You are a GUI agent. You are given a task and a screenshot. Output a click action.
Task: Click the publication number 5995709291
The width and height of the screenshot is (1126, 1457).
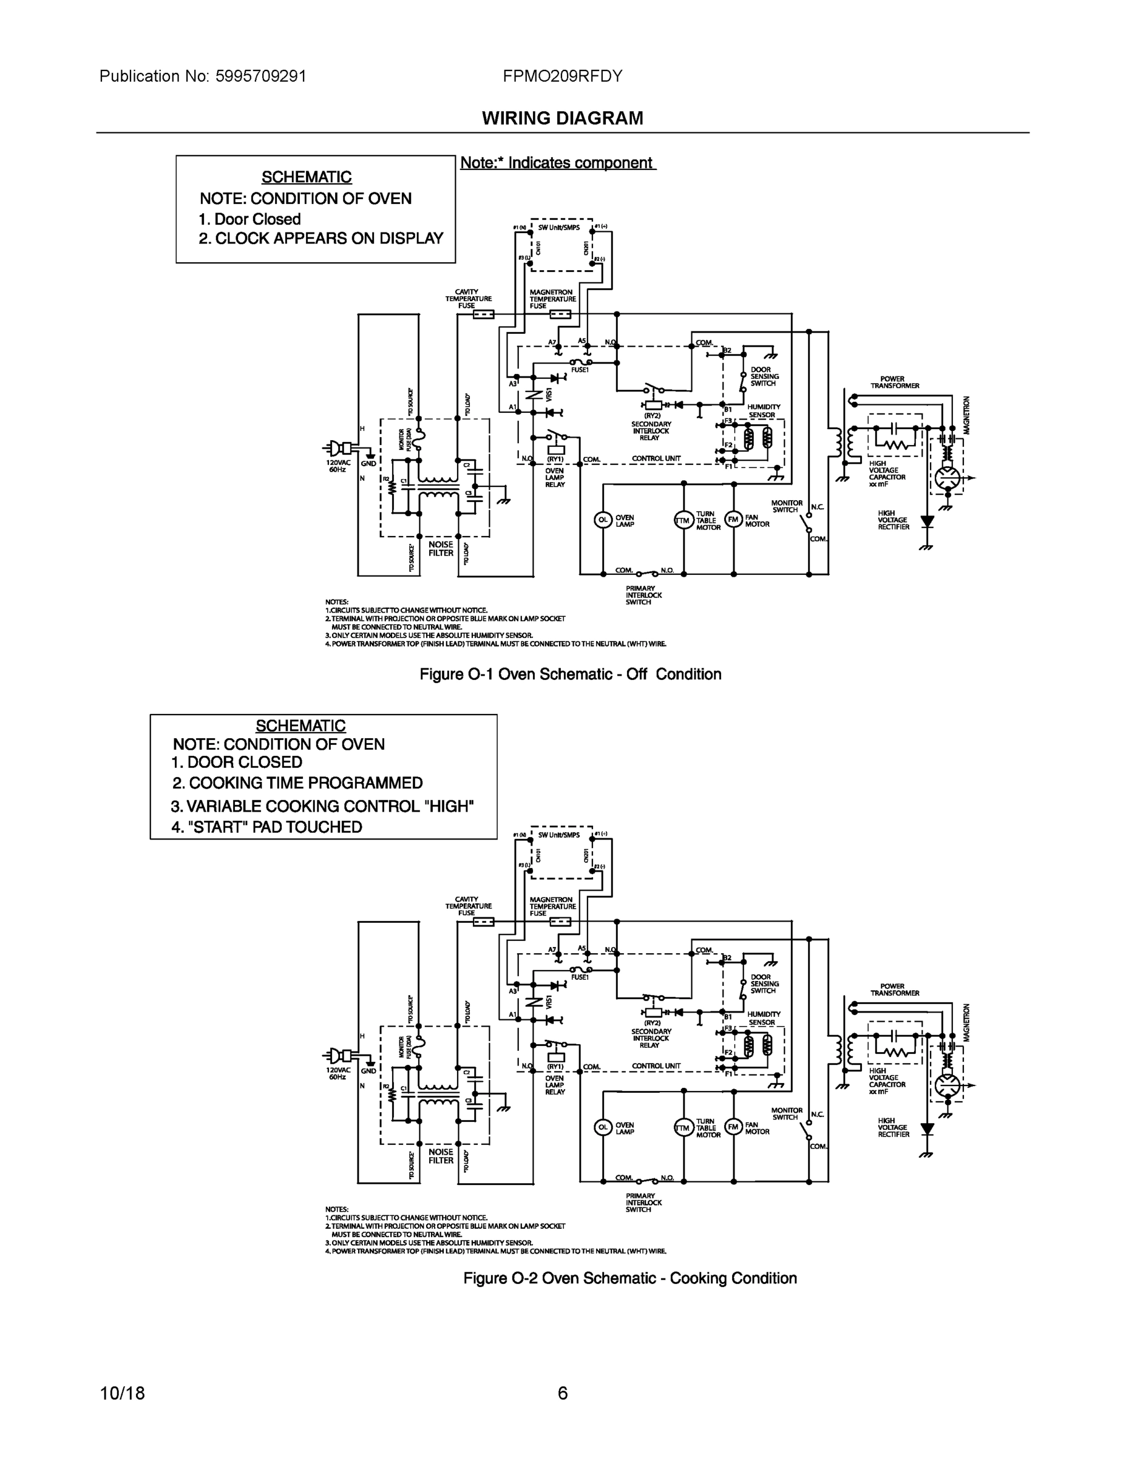coord(260,76)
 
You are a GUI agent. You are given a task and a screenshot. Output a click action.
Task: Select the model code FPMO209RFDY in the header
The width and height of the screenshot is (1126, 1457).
coord(562,76)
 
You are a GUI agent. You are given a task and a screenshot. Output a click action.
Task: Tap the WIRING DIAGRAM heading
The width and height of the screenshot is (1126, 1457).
coord(562,118)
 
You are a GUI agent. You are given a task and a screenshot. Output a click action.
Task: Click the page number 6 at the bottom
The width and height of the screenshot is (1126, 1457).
coord(562,1393)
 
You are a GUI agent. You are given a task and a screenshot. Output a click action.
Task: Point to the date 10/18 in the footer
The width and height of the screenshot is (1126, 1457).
coord(122,1393)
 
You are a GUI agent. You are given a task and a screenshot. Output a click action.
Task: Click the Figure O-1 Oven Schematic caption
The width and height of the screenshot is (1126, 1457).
coord(571,674)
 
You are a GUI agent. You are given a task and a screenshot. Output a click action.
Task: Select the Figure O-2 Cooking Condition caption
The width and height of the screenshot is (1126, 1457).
coord(629,1278)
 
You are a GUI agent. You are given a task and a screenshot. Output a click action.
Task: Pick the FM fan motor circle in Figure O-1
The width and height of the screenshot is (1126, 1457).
coord(734,519)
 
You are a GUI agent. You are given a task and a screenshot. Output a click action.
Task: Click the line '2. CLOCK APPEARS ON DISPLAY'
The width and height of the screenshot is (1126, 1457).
coord(321,239)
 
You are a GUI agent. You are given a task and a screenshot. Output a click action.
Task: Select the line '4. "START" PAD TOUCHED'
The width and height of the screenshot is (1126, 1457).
coord(267,827)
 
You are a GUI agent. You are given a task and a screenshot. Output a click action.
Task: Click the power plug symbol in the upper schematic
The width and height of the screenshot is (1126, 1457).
coord(338,447)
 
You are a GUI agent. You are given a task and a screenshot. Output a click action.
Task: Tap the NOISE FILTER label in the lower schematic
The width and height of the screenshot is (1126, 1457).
coord(441,1156)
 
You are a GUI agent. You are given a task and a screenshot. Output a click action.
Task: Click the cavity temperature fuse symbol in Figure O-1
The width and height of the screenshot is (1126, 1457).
coord(483,314)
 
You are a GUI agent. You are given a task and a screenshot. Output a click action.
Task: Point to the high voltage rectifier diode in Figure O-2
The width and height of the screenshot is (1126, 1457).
coord(926,1128)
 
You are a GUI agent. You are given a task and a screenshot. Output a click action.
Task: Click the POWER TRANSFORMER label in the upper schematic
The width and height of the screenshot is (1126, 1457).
coord(895,382)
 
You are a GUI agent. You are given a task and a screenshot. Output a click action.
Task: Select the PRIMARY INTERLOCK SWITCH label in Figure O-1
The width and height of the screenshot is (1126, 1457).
coord(643,595)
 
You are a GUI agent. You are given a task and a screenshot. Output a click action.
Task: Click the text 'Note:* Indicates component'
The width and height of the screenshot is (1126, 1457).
coord(558,163)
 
